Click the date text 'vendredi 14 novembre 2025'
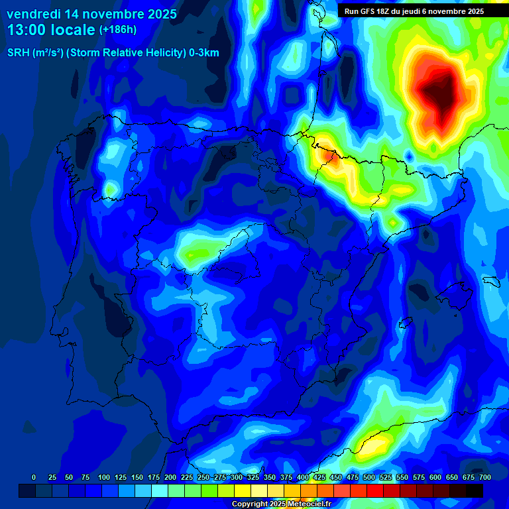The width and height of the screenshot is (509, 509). click(91, 14)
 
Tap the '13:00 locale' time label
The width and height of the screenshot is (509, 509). click(51, 30)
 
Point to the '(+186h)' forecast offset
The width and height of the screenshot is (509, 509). click(117, 30)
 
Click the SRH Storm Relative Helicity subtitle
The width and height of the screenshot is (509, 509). click(113, 53)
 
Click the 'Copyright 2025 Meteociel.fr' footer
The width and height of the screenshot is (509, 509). click(281, 504)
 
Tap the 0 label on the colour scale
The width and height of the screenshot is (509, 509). click(34, 477)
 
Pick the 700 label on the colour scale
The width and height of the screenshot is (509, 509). click(484, 477)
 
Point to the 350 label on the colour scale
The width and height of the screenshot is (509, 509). click(269, 477)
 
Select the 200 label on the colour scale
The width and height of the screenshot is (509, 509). click(170, 477)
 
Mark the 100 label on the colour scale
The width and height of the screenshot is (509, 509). click(103, 477)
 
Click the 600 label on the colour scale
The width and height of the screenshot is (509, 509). click(435, 477)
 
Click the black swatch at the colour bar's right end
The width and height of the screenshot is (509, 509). click(475, 490)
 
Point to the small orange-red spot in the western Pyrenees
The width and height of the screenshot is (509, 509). click(329, 155)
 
